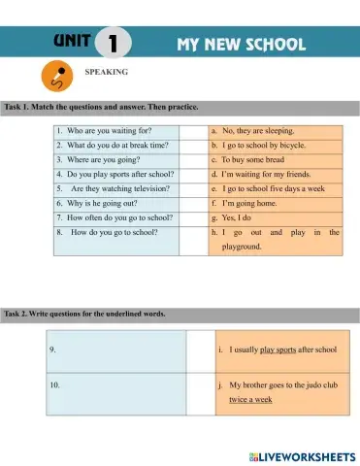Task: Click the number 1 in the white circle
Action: [x=115, y=43]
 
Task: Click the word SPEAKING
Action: [x=107, y=71]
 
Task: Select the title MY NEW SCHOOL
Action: [x=241, y=44]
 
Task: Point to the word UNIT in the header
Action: [x=73, y=41]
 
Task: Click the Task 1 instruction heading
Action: [x=100, y=106]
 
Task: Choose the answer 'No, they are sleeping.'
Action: [x=258, y=129]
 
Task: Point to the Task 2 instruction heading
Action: [x=84, y=314]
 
